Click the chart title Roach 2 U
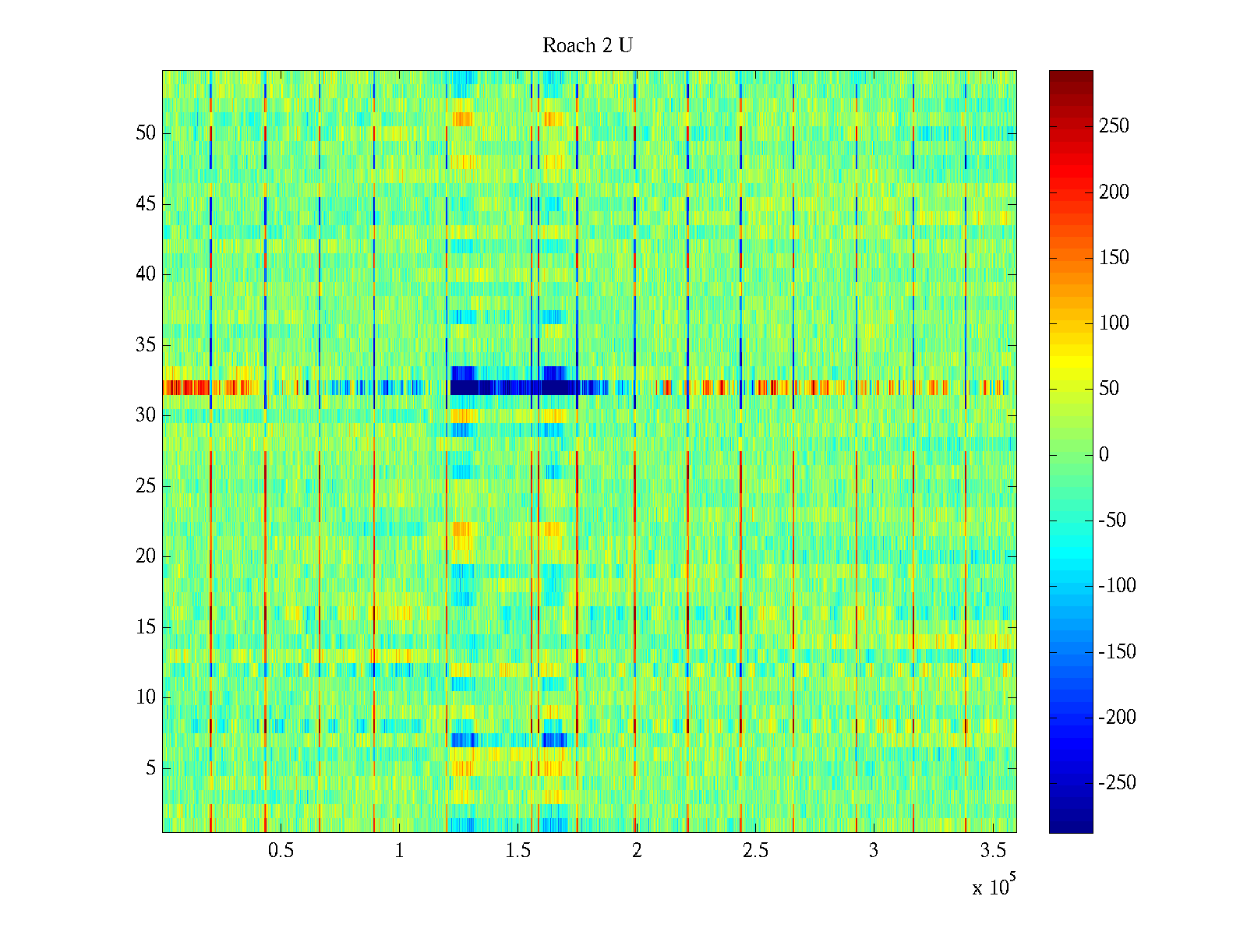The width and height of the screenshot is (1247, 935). [x=587, y=46]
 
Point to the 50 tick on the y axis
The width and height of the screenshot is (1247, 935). [x=146, y=133]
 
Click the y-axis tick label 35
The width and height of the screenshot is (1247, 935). [x=146, y=345]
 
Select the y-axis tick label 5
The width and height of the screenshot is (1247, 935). [x=150, y=768]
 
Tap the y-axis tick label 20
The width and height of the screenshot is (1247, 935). [x=146, y=556]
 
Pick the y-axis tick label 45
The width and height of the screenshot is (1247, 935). [x=146, y=204]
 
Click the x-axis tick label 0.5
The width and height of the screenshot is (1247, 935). [x=281, y=851]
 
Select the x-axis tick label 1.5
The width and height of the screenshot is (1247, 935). [x=518, y=851]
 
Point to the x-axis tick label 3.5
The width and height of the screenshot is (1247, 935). [x=993, y=851]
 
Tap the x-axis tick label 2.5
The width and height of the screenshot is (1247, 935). [x=755, y=851]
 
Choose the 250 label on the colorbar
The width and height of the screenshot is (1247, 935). [x=1114, y=126]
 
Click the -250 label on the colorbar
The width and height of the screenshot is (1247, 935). [x=1117, y=783]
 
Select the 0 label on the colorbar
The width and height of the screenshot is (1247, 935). [x=1104, y=455]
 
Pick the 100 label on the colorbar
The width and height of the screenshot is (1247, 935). [x=1114, y=323]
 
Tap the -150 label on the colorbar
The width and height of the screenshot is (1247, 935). [x=1117, y=652]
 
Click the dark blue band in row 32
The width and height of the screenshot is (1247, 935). [x=514, y=387]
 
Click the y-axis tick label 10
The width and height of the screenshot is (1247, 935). [x=146, y=697]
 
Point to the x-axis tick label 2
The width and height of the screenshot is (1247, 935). [x=637, y=851]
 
